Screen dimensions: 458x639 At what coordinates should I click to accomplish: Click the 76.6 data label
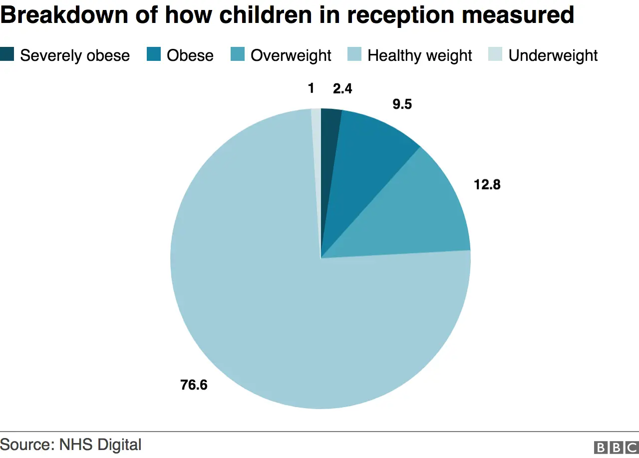click(194, 385)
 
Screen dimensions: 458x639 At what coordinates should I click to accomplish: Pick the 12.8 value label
click(487, 185)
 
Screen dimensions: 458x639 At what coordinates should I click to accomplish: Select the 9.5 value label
click(402, 105)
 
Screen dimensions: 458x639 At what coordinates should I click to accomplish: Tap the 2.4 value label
click(342, 89)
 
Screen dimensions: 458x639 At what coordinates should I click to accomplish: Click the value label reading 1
click(311, 88)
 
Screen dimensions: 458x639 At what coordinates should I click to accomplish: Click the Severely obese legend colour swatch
click(7, 54)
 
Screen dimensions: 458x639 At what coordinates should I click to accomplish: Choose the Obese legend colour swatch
click(154, 54)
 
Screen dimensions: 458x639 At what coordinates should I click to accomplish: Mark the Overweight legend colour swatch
click(238, 54)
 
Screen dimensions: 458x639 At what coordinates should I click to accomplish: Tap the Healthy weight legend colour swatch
click(354, 54)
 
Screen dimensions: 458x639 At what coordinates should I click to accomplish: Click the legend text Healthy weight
click(420, 55)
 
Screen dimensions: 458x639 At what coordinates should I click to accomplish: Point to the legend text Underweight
click(553, 55)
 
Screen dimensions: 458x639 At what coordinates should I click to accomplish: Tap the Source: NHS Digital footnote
click(71, 444)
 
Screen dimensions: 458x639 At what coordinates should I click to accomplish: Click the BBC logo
click(616, 448)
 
